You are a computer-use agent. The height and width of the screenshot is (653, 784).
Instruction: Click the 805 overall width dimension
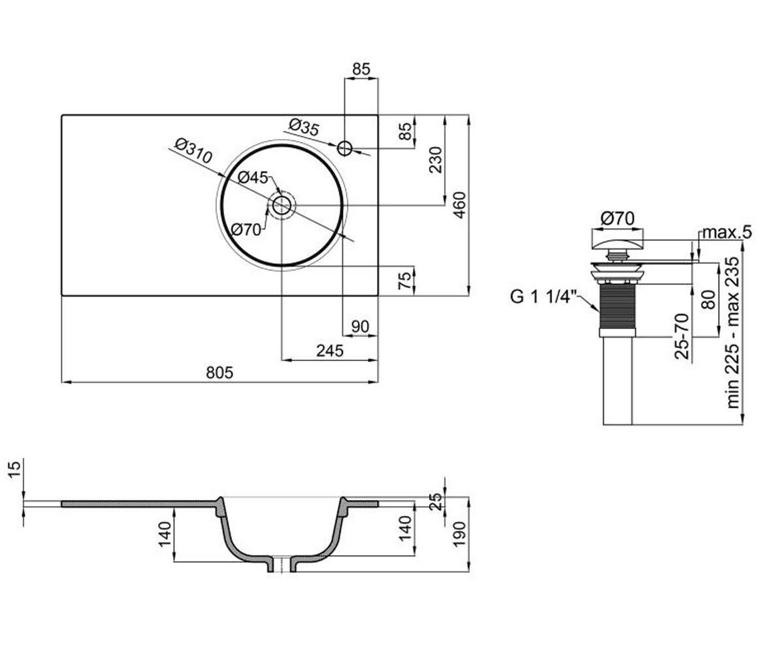click(x=220, y=373)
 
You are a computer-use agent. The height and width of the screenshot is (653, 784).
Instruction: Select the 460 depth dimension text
click(x=459, y=205)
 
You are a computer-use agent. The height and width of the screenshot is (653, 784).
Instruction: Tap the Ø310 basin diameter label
click(x=194, y=151)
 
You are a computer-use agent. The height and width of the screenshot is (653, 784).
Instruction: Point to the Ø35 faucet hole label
click(x=304, y=127)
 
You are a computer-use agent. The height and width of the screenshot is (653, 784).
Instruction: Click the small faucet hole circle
click(x=344, y=148)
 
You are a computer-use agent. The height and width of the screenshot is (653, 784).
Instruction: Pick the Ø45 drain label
click(x=252, y=177)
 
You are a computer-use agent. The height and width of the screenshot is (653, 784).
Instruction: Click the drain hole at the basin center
click(x=281, y=205)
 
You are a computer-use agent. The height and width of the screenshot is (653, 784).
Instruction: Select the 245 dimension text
click(x=330, y=351)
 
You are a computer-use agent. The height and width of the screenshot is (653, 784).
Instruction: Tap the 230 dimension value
click(x=436, y=160)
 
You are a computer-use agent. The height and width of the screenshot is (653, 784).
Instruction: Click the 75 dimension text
click(x=404, y=281)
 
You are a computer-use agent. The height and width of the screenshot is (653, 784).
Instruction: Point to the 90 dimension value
click(x=360, y=326)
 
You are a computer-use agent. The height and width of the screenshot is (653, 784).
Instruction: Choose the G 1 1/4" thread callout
click(x=544, y=297)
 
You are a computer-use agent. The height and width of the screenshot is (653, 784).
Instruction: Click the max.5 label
click(x=727, y=232)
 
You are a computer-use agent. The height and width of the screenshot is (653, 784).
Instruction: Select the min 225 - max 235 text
click(x=733, y=333)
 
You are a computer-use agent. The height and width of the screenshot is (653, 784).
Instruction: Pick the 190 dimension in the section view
click(x=459, y=534)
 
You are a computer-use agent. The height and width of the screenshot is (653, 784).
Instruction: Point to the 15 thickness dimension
click(x=14, y=471)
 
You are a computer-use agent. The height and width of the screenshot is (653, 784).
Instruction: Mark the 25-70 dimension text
click(x=682, y=336)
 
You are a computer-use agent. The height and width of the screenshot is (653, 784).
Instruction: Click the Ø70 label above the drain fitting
click(x=617, y=218)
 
